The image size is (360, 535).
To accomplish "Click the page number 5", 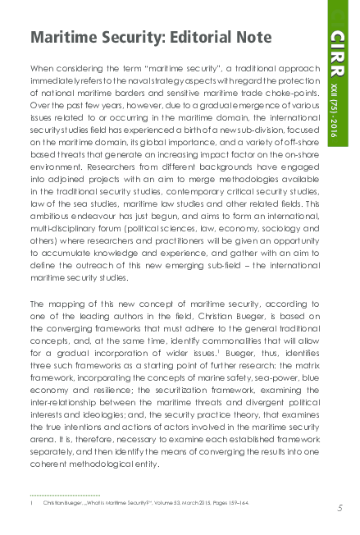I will point(339,509).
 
